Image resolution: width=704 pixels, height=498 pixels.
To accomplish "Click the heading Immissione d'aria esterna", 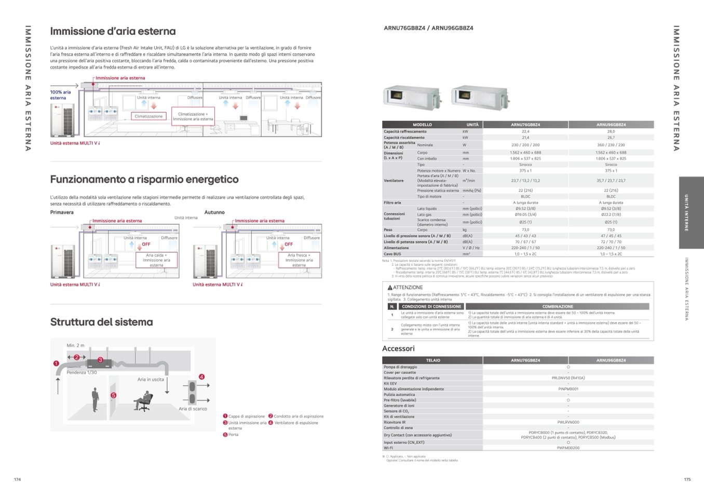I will tap(113, 31).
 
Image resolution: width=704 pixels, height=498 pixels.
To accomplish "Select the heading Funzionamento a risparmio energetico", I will tap(144, 179).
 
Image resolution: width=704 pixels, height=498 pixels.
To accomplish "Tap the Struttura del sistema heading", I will tap(101, 322).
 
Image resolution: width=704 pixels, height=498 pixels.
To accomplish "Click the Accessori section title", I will tap(398, 348).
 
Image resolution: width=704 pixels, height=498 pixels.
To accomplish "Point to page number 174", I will tap(17, 479).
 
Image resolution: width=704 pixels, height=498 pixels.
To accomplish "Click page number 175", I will tap(687, 479).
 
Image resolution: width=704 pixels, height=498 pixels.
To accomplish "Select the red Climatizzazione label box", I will tap(148, 116).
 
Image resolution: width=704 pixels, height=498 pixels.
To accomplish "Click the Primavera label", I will tap(62, 212).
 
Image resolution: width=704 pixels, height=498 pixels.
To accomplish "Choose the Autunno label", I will tap(214, 212).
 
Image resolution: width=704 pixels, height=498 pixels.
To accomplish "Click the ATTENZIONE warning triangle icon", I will tap(389, 288).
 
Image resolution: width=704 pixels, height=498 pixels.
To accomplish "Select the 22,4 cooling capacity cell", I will tap(525, 131).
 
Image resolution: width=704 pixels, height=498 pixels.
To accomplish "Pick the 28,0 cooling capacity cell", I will tap(611, 131).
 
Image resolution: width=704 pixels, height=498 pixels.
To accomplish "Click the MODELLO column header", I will tap(422, 125).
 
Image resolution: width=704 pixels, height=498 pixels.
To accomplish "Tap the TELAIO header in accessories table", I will tap(432, 360).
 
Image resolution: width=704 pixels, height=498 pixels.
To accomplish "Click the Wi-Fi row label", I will tap(388, 448).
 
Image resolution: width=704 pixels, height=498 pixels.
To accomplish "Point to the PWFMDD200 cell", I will tap(568, 448).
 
